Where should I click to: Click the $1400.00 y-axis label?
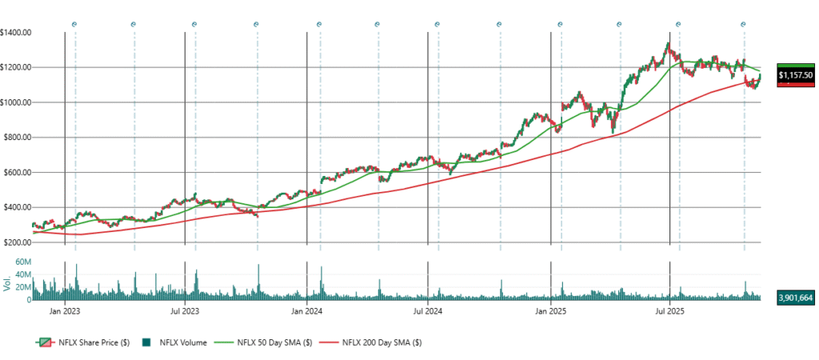tap(16, 32)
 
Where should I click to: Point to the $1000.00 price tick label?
tap(16, 102)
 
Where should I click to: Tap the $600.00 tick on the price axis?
tap(18, 173)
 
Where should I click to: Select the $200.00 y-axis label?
tap(18, 242)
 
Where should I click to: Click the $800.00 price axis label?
tap(18, 138)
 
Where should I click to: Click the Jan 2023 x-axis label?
tap(64, 308)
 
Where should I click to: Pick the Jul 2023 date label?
tap(185, 308)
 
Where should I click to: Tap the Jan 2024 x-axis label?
tap(306, 308)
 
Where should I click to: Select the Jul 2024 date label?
tap(428, 308)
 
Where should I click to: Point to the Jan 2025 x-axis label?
tap(550, 308)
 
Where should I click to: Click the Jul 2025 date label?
tap(669, 308)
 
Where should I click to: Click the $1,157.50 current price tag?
tap(796, 75)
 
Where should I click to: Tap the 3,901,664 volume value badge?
tap(796, 297)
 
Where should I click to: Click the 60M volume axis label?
tap(23, 262)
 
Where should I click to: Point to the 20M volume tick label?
tap(23, 287)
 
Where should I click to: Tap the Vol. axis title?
tap(7, 282)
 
